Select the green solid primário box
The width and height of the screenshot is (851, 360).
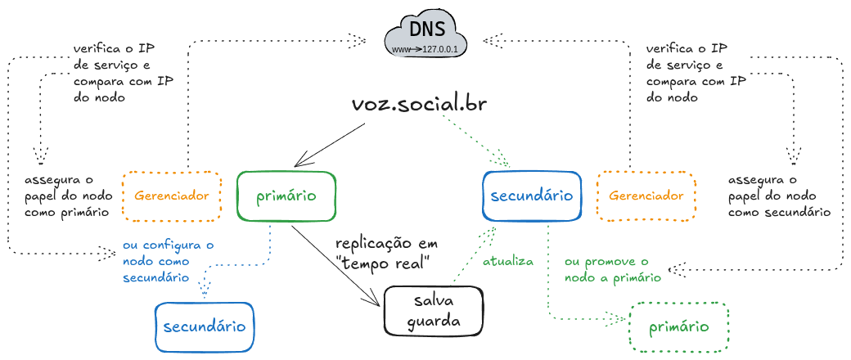(x=287, y=196)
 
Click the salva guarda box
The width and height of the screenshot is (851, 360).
(x=433, y=311)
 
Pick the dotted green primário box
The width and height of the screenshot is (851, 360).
(x=678, y=326)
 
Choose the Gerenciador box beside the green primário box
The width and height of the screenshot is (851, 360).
(x=171, y=196)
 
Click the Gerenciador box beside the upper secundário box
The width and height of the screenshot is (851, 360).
(x=646, y=196)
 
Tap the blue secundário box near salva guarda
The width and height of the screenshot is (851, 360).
(x=205, y=326)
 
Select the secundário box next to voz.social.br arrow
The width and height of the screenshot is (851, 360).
(x=531, y=196)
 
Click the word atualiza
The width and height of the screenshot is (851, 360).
(x=507, y=262)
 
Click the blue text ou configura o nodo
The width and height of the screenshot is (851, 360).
(x=168, y=261)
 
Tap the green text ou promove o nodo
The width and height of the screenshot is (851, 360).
(x=613, y=269)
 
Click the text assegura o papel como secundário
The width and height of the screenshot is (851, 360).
(x=778, y=196)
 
